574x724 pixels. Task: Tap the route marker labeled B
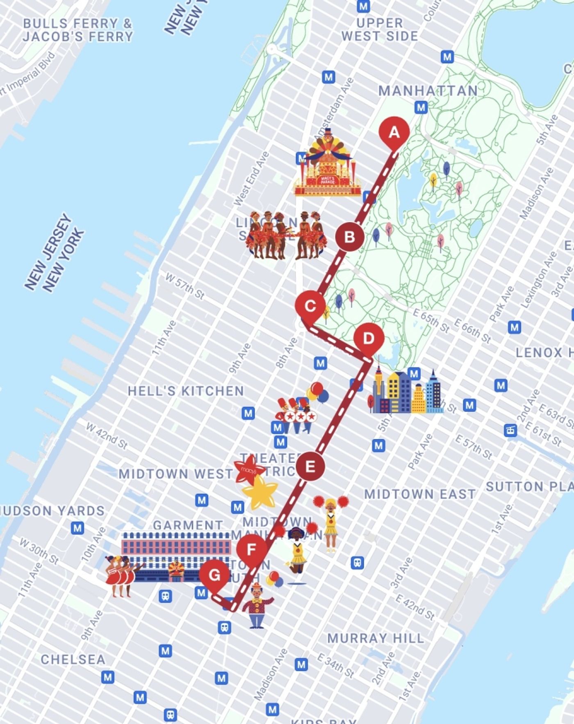click(349, 237)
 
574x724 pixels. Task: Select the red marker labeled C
click(310, 306)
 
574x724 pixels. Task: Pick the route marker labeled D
click(369, 339)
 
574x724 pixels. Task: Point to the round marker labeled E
click(310, 467)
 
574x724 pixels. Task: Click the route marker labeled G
click(214, 575)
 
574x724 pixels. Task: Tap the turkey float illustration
click(327, 164)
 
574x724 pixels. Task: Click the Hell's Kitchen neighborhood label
click(186, 391)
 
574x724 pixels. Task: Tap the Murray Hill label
click(375, 638)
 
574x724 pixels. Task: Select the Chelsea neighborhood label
click(73, 660)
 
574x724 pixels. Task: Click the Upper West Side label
click(380, 30)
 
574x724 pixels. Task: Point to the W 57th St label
click(184, 286)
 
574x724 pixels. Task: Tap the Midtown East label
click(420, 494)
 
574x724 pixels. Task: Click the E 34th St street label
click(335, 666)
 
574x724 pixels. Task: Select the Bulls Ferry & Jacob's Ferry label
click(78, 30)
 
